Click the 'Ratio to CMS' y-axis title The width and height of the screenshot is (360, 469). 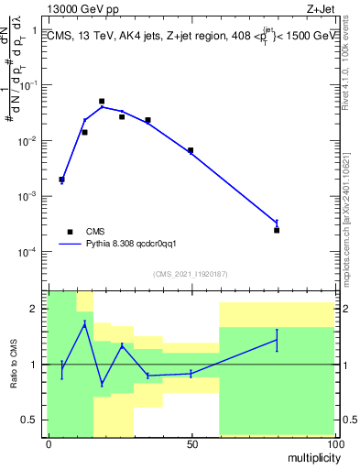click(x=13, y=364)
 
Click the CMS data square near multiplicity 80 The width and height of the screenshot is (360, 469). click(x=277, y=230)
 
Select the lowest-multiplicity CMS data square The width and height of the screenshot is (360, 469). click(x=61, y=180)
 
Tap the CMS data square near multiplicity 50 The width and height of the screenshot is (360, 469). click(x=191, y=150)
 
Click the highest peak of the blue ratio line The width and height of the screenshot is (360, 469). click(x=85, y=323)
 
